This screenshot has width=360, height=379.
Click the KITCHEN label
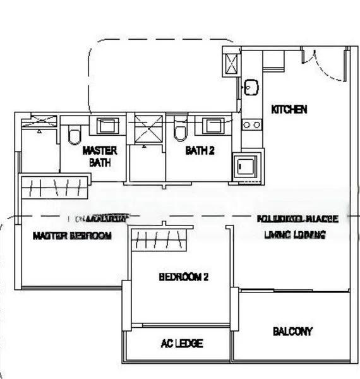[289, 109]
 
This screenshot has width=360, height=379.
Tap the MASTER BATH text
[100, 156]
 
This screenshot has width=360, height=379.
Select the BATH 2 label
[200, 151]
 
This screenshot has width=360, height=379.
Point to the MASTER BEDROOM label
[72, 236]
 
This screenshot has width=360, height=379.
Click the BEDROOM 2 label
[183, 277]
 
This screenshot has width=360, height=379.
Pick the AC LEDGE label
[182, 344]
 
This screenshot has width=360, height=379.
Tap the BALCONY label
[292, 331]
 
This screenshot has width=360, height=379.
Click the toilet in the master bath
[75, 134]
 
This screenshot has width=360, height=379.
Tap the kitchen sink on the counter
[251, 87]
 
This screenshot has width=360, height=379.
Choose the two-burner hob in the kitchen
[251, 125]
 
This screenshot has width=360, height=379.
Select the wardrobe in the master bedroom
[54, 187]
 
